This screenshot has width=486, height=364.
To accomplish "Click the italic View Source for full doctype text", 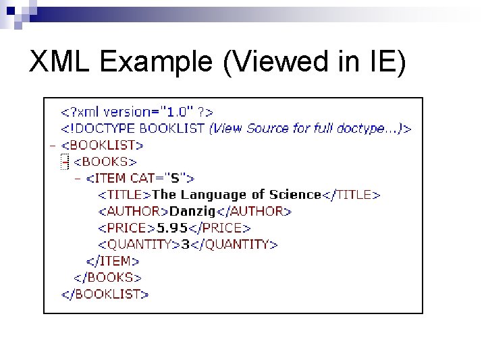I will [307, 128].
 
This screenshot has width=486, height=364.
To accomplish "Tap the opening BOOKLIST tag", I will [102, 145].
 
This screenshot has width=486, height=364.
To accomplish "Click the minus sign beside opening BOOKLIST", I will [52, 145].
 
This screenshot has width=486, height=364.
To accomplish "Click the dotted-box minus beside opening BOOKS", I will [65, 162].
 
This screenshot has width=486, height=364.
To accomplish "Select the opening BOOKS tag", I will [105, 162].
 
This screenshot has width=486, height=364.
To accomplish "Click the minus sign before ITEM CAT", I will [78, 178].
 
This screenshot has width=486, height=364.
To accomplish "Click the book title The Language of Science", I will [236, 195].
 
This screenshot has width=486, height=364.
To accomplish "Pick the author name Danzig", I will [191, 212].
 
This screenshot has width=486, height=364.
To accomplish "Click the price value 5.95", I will [172, 228].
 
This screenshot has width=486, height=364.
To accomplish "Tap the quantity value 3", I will [185, 244].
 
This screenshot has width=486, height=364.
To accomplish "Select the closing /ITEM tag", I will [113, 261].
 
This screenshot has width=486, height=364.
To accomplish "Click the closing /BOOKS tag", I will [107, 277].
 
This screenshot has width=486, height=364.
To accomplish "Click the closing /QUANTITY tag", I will [234, 244].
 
